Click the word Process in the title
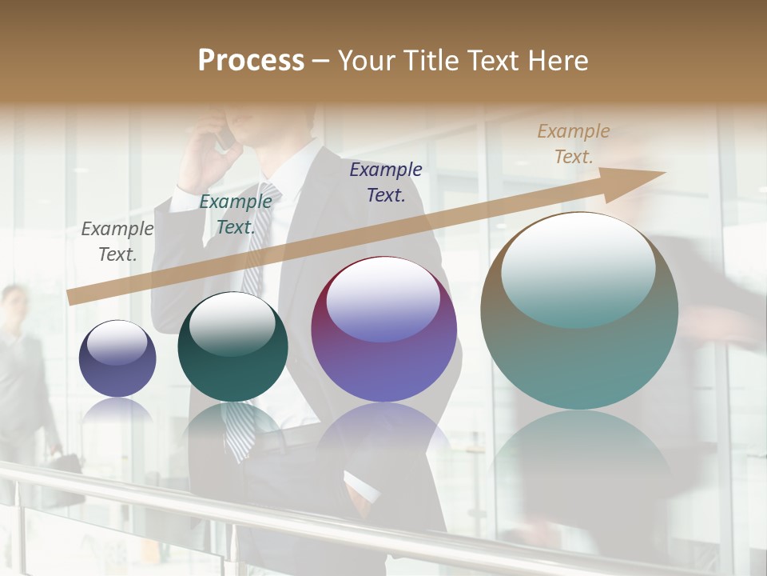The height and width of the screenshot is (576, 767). tap(251, 61)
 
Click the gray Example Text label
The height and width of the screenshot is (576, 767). tap(117, 242)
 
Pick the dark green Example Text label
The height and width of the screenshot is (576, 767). tap(235, 214)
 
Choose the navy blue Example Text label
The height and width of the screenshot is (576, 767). tap(385, 182)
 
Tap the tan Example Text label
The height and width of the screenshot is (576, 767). tap(573, 144)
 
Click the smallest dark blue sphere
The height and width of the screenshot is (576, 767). tap(117, 359)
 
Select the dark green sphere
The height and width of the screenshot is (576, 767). tap(232, 347)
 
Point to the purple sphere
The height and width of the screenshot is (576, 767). tap(383, 330)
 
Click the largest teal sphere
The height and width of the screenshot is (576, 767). tap(579, 310)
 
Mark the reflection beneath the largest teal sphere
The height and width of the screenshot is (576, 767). tap(579, 464)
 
